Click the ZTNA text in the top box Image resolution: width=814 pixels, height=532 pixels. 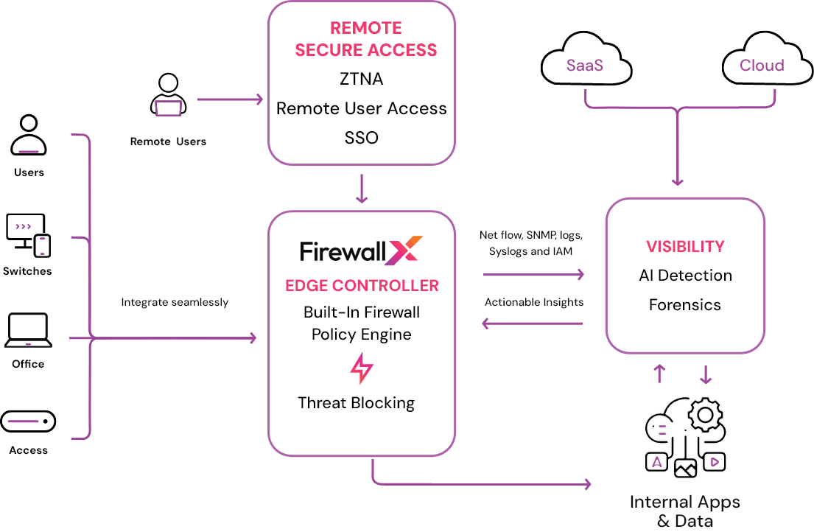tap(361, 79)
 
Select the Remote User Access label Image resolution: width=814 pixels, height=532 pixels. tap(361, 108)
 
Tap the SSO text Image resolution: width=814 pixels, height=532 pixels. tap(361, 138)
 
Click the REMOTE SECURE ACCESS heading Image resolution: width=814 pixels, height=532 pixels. tap(365, 39)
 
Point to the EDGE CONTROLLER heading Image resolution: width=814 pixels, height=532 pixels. tap(362, 286)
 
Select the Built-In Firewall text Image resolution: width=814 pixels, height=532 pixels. tap(361, 312)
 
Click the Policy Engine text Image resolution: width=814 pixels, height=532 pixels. tap(361, 335)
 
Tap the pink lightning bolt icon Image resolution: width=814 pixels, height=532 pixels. tap(361, 368)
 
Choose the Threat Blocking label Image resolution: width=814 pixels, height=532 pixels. tap(356, 403)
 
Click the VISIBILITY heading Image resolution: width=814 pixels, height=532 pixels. tap(685, 247)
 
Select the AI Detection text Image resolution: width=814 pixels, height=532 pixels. tap(685, 276)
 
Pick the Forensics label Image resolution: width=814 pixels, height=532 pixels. tap(685, 305)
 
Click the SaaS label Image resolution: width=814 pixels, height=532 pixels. tap(585, 66)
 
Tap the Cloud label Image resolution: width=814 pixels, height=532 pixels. tap(762, 66)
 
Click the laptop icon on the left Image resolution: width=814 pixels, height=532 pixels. tap(28, 330)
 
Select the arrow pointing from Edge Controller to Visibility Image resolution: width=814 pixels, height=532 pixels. tap(533, 275)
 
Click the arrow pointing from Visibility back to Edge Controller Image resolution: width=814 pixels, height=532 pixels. tap(532, 323)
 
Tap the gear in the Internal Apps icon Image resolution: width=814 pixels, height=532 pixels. tap(705, 415)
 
